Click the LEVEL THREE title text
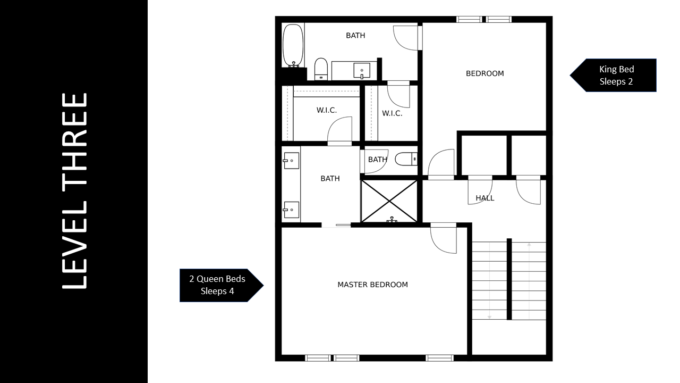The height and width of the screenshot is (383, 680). point(75,190)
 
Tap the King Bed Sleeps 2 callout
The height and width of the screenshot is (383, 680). point(613,75)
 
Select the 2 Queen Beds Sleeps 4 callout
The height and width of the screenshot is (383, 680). point(222,285)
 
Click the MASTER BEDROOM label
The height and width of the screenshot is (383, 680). point(372,285)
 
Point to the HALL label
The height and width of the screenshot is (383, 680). point(485,198)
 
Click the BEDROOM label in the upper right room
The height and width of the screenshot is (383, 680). point(485,73)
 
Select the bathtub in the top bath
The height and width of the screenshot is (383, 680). point(293,45)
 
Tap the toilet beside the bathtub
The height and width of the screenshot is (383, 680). point(321,69)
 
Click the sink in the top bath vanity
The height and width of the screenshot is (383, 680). point(362,71)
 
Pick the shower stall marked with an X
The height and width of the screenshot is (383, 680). point(389,201)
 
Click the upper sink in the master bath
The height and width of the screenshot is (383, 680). point(291,161)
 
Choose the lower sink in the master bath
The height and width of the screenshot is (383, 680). point(291,210)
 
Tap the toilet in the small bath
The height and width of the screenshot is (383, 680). point(406,159)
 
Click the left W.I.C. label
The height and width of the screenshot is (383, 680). point(327,110)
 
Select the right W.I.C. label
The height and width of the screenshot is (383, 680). point(392,113)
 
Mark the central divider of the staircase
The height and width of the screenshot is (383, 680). point(509,279)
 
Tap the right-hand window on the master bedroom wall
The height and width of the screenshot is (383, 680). point(439,358)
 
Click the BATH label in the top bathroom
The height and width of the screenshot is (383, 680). point(355,36)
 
